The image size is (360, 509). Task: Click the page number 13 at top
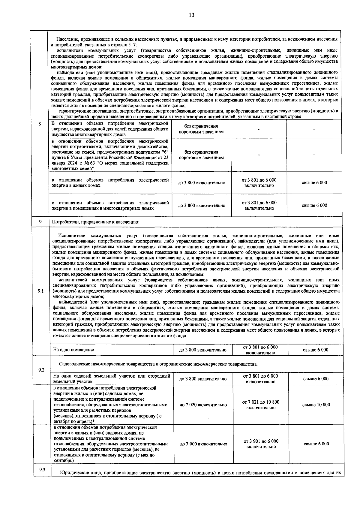[x=191, y=15]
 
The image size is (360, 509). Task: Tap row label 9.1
[x=41, y=291]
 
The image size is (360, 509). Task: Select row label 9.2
[x=41, y=370]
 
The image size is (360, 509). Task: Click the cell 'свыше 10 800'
[x=316, y=405]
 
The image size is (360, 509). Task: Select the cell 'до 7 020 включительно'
[x=203, y=405]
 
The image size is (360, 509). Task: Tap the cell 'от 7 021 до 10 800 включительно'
[x=260, y=405]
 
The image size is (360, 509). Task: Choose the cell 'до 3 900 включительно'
[x=203, y=444]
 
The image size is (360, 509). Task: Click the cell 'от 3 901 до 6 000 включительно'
[x=260, y=444]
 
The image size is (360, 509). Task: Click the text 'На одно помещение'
[x=73, y=350]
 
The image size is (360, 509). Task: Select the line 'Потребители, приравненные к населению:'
[x=96, y=222]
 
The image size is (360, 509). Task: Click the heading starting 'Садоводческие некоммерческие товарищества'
[x=158, y=364]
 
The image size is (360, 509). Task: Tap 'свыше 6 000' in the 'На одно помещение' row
[x=316, y=350]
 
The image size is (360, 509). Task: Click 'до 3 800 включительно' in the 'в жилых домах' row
[x=202, y=182]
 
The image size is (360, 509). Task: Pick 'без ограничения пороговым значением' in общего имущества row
[x=201, y=129]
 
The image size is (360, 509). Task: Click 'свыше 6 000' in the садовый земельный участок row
[x=316, y=379]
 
